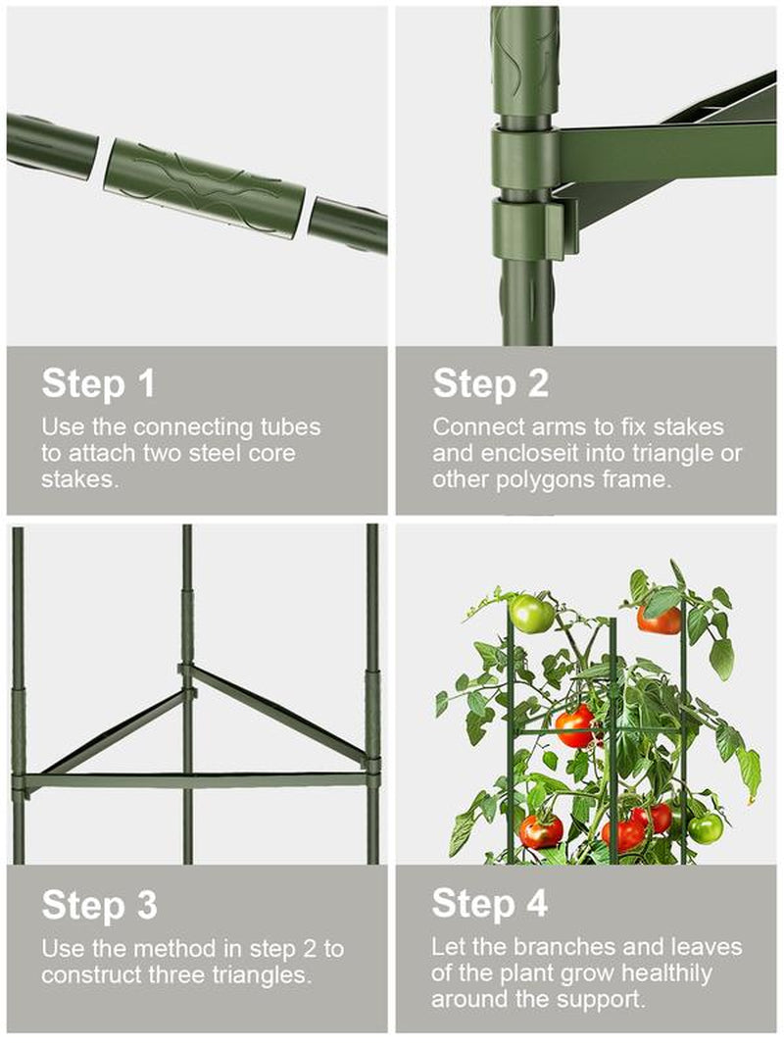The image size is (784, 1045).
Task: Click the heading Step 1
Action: [x=98, y=383]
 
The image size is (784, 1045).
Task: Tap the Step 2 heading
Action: [x=490, y=383]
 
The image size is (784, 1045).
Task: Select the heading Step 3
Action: [x=99, y=905]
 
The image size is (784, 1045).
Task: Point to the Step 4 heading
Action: [x=490, y=904]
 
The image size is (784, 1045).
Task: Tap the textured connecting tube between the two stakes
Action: [x=205, y=188]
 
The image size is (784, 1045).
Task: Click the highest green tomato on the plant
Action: [x=531, y=613]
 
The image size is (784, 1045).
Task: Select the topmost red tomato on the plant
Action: [x=659, y=620]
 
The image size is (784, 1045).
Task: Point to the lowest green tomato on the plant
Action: [x=705, y=828]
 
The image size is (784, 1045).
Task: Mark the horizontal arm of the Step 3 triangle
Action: [x=193, y=780]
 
